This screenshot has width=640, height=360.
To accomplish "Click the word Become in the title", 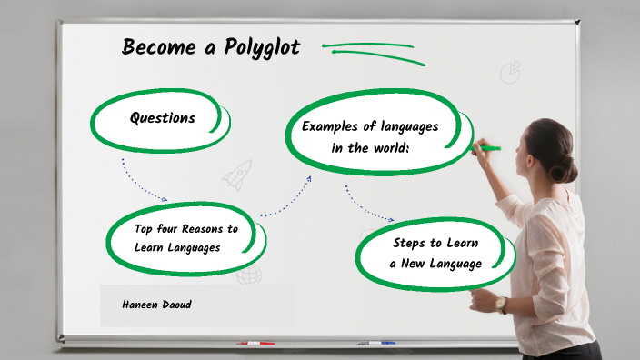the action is tap(159, 47).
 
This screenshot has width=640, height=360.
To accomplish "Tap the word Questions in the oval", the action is tap(163, 118).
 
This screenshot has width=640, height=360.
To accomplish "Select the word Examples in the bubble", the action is tap(330, 126).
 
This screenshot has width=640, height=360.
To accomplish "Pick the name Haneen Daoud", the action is tap(156, 305).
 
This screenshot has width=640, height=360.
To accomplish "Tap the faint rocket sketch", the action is tap(238, 175).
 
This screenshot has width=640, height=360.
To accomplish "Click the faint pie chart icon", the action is tap(511, 72).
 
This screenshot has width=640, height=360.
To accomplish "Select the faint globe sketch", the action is tap(249, 275).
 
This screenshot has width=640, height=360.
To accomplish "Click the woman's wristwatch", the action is tap(501, 304).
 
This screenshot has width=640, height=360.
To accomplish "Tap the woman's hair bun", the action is tap(564, 168).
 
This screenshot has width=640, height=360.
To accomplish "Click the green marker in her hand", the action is tap(488, 148).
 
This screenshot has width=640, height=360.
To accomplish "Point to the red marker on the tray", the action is tap(256, 343).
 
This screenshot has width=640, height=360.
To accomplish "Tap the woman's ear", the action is tap(529, 160).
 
